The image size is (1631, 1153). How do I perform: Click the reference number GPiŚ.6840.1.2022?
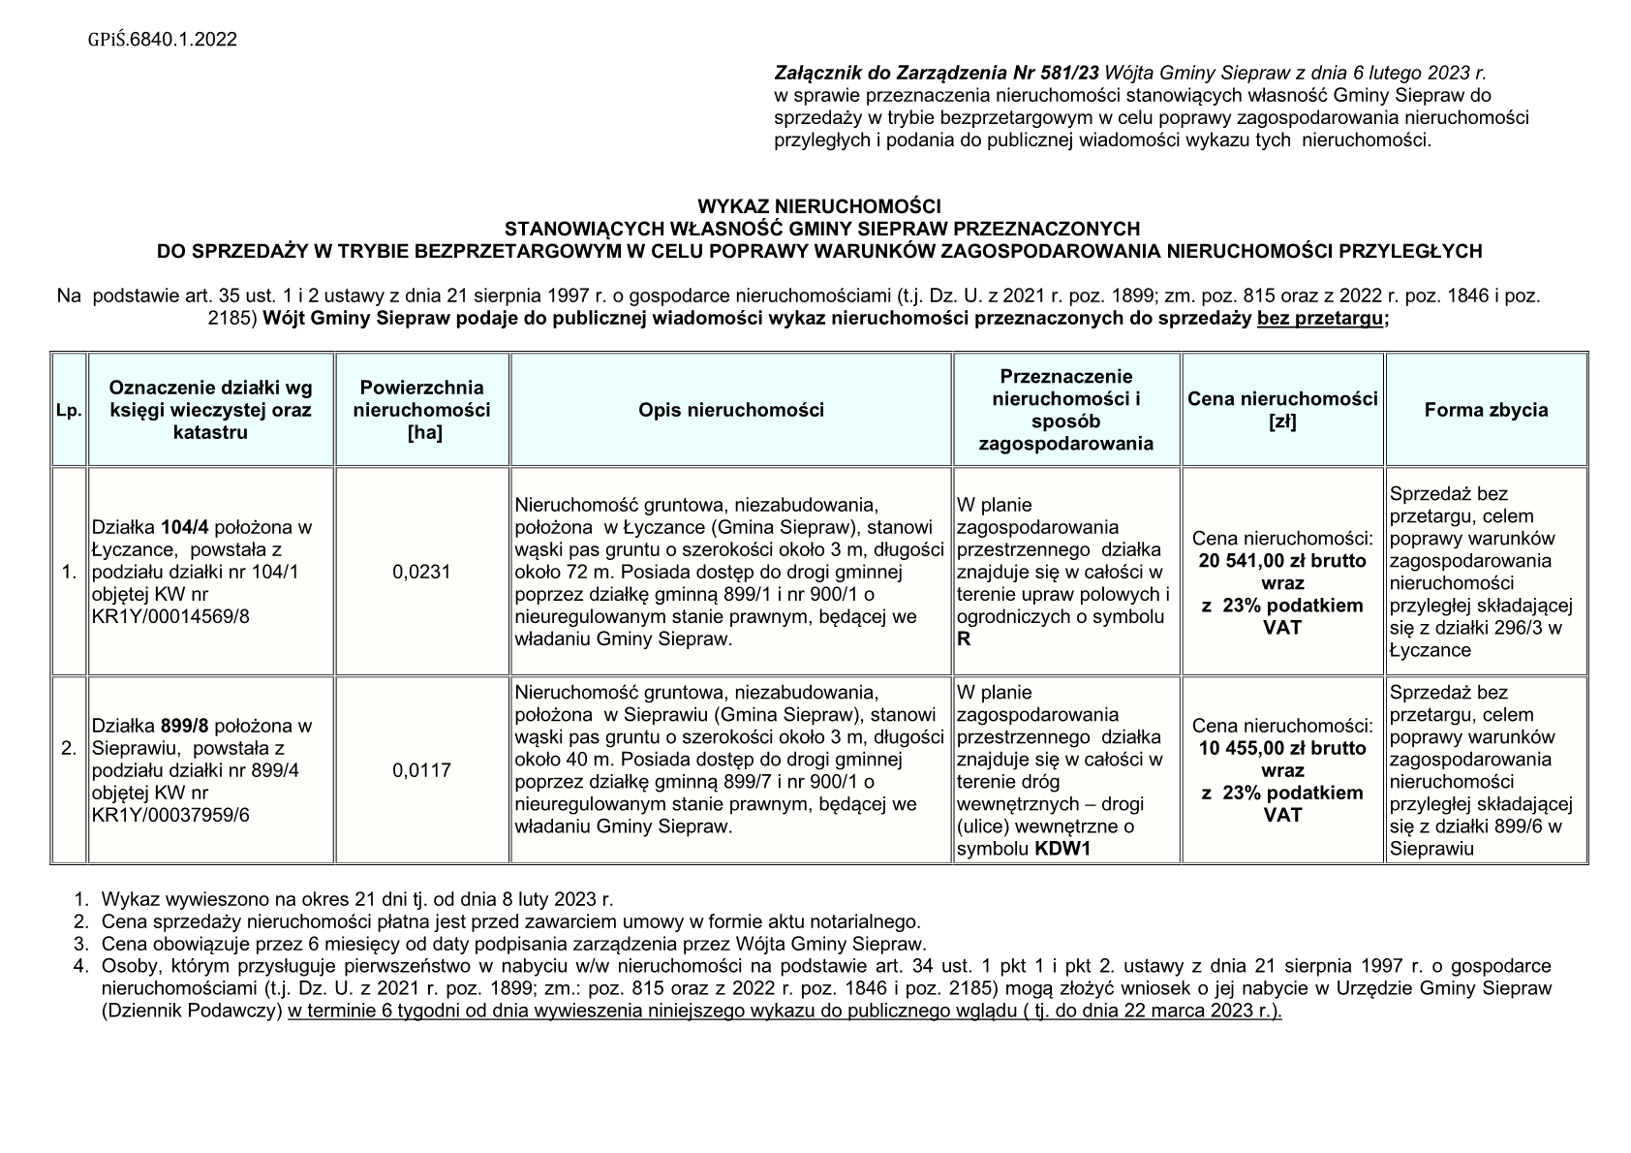tap(162, 40)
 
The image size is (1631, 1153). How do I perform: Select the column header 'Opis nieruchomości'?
tap(731, 410)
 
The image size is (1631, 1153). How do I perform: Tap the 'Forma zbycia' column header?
tap(1486, 410)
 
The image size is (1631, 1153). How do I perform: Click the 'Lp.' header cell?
tap(69, 411)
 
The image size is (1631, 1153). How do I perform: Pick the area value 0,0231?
tap(422, 573)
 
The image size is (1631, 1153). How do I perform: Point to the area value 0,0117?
tap(422, 770)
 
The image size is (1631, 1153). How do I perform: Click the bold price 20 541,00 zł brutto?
tap(1282, 561)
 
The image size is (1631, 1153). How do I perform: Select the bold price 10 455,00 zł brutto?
tap(1282, 749)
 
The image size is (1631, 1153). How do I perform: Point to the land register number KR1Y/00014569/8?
tap(170, 617)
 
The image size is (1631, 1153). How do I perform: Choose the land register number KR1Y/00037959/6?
tap(170, 815)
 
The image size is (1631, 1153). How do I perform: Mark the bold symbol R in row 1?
tap(964, 639)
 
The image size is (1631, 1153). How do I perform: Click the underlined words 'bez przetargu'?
tap(1320, 320)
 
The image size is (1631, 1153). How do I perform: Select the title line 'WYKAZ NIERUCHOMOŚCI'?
tap(819, 206)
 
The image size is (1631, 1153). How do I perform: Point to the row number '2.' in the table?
tap(69, 748)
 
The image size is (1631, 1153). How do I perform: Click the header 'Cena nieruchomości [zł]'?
tap(1282, 410)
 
